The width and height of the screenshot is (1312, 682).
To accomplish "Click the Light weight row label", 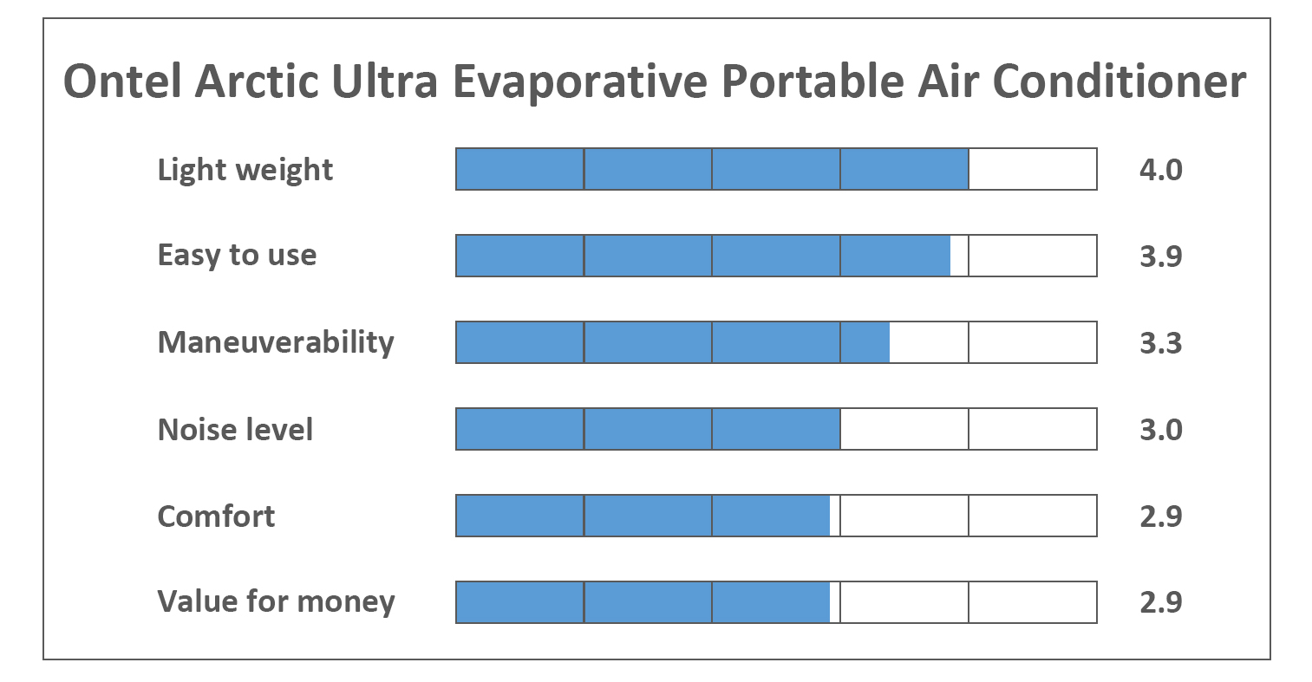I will (245, 170).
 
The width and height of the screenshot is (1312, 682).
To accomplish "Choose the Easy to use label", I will (237, 256).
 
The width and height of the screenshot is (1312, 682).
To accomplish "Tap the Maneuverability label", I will (276, 342).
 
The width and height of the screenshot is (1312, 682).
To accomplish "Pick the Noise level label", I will (235, 429).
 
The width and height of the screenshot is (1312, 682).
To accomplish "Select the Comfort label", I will (216, 516).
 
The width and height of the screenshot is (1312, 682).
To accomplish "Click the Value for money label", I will (276, 601).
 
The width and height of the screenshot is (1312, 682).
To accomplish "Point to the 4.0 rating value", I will (1160, 170).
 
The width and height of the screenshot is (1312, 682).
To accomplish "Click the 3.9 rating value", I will (1160, 257).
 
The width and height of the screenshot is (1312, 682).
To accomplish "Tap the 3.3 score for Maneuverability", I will (1160, 343).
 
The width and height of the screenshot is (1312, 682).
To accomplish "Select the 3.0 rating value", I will (1160, 430).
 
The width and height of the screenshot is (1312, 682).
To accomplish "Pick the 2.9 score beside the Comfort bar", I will (1160, 516).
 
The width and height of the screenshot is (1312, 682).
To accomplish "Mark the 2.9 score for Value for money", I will (1160, 602).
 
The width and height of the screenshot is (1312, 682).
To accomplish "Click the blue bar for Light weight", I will (711, 169).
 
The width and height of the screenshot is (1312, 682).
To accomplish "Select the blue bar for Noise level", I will (648, 429).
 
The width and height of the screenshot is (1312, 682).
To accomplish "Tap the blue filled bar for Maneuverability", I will (672, 342).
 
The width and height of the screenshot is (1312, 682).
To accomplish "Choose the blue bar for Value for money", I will (643, 602).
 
